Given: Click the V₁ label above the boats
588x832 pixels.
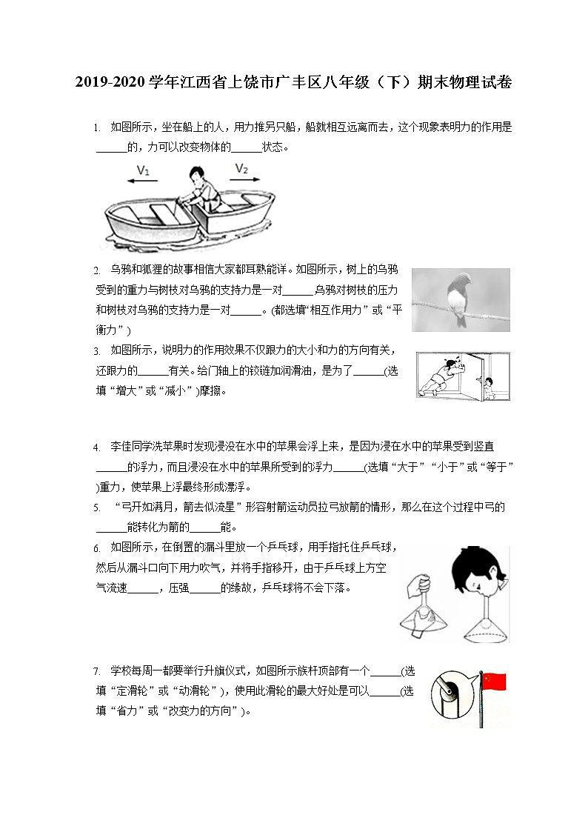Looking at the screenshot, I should coord(144,170).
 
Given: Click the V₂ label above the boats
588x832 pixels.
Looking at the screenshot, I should coord(242,169).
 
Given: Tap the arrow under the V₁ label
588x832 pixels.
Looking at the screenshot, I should coord(144,180).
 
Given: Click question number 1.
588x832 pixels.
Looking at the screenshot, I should coord(96,128).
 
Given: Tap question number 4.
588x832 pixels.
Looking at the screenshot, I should coord(96,447).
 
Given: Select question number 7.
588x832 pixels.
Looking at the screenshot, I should coord(96,672).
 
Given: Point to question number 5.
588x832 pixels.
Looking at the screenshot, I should coord(96,508).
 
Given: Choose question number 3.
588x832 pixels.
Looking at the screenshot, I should coord(96,350).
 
